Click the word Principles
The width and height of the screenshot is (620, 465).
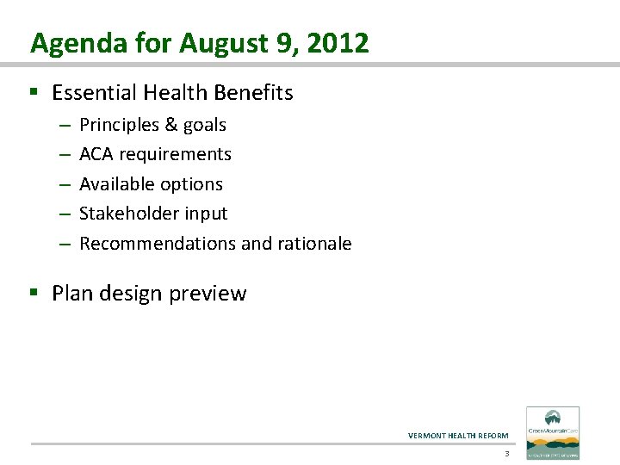(117, 126)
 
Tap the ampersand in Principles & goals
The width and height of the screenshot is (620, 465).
(169, 126)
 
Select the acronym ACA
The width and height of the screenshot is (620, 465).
(96, 155)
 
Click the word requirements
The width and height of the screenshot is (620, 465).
(176, 155)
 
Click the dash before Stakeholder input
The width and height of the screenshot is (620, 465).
(65, 214)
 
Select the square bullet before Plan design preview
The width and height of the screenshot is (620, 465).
(34, 294)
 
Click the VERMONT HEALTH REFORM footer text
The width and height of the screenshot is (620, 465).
(458, 436)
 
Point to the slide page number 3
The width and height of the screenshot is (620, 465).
(507, 454)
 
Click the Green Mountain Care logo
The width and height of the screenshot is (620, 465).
(553, 433)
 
